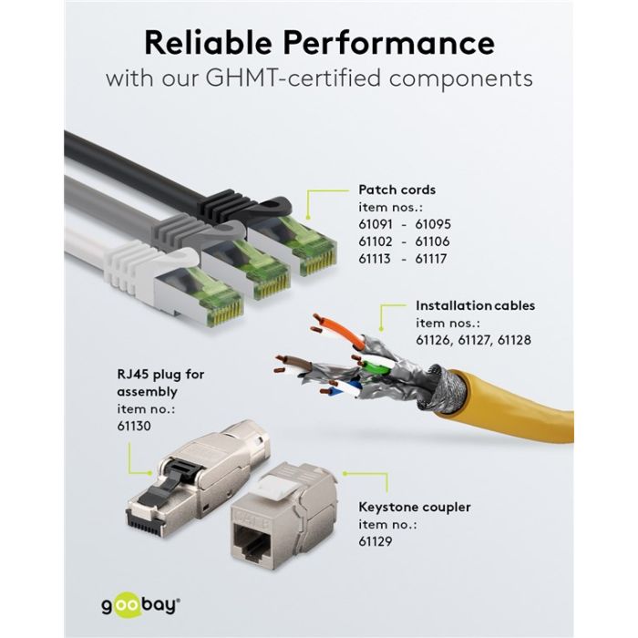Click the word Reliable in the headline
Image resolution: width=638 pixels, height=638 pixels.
[209, 43]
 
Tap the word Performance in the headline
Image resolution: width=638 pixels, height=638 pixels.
[389, 43]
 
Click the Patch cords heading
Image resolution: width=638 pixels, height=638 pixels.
[396, 190]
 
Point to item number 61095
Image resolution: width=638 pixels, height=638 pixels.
[433, 224]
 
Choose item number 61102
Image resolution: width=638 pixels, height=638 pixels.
[376, 242]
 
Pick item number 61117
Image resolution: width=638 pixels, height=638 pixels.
[431, 259]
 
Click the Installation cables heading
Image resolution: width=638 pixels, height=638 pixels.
[475, 305]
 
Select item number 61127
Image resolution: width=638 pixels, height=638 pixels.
[474, 340]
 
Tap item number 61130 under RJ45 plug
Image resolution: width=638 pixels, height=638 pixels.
[134, 426]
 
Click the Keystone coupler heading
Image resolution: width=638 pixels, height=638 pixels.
[414, 507]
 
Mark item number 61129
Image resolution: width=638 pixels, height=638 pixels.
[376, 541]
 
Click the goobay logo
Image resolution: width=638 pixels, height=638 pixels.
[140, 605]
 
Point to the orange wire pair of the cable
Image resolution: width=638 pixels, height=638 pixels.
[340, 329]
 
